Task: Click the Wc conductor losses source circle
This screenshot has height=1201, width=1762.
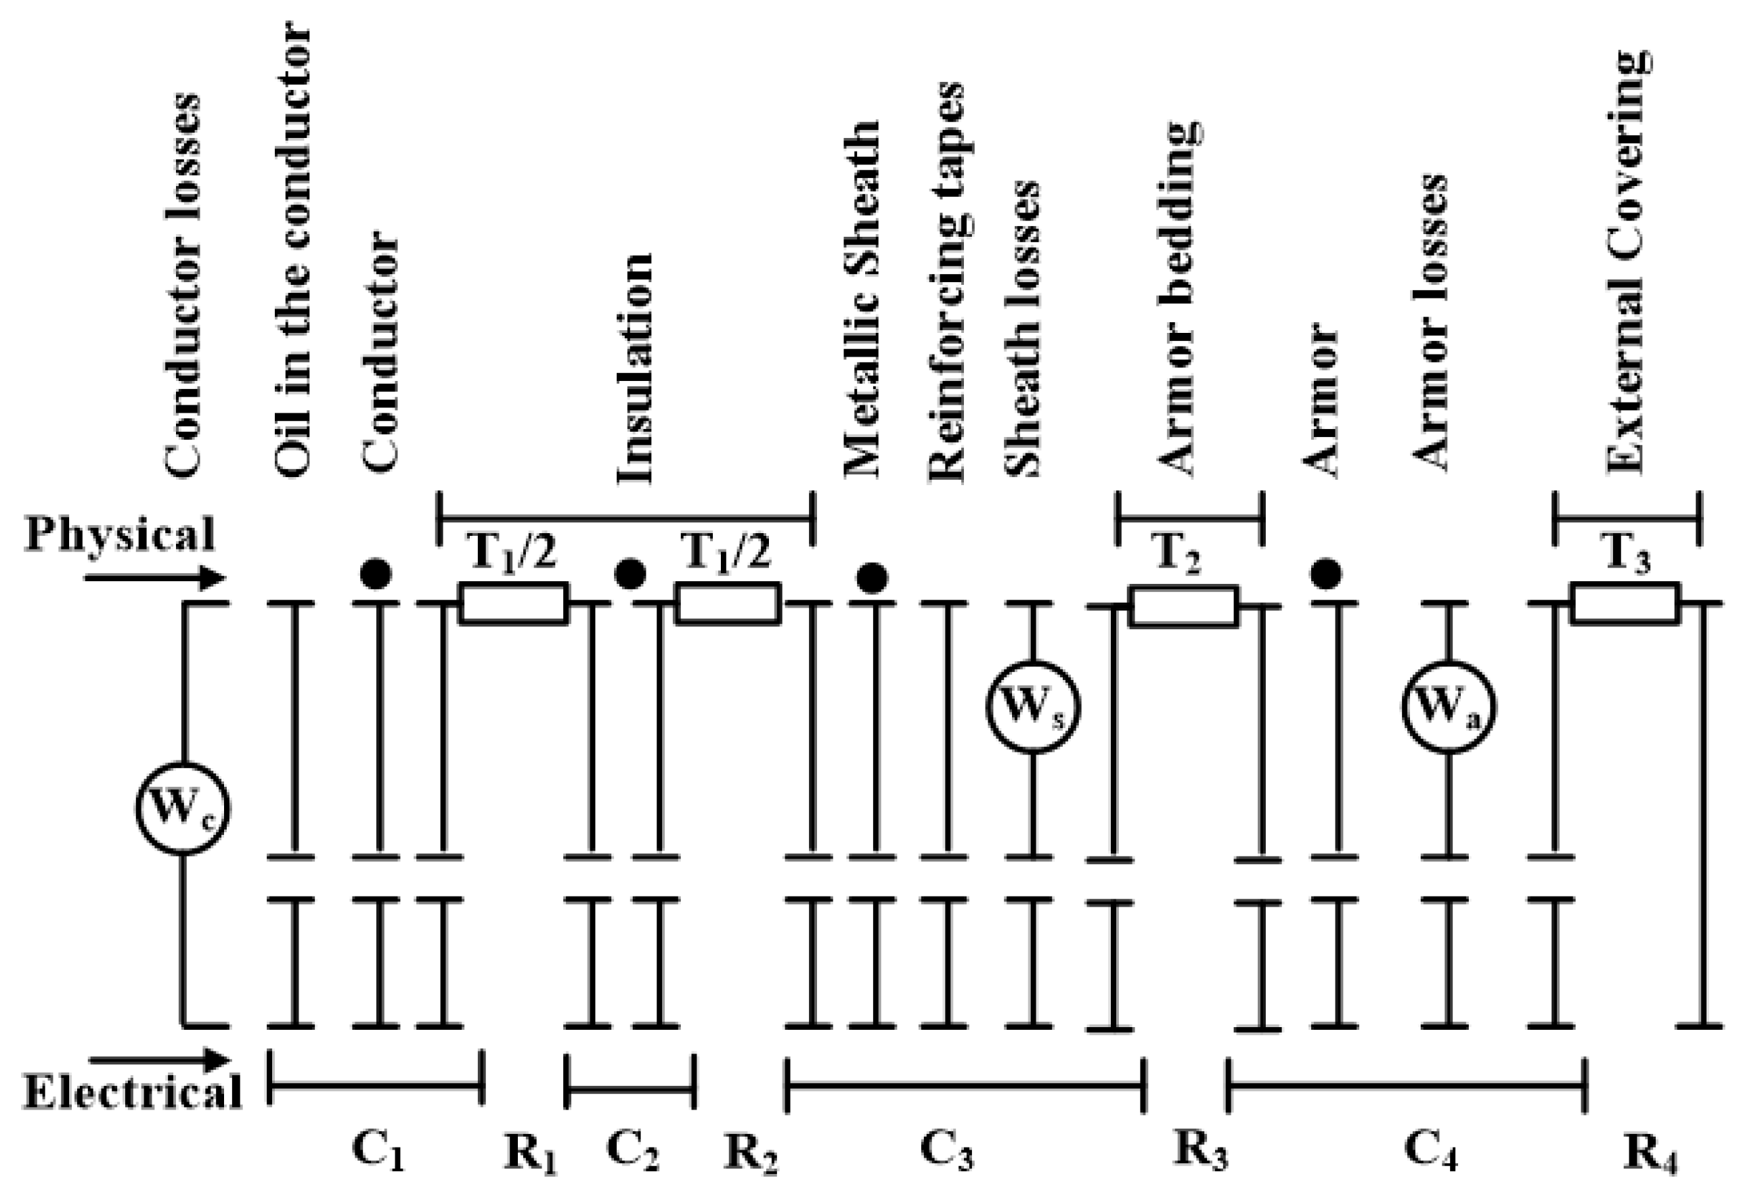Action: pyautogui.click(x=183, y=809)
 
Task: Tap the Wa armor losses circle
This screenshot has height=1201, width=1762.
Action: pyautogui.click(x=1448, y=708)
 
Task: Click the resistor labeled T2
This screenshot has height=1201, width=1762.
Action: pyautogui.click(x=1183, y=606)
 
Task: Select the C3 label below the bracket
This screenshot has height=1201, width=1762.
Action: pyautogui.click(x=946, y=1151)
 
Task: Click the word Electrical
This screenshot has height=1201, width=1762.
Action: pyautogui.click(x=133, y=1093)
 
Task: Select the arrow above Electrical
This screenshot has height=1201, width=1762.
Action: pyautogui.click(x=158, y=1060)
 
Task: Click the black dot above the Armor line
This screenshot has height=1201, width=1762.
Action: pyautogui.click(x=1325, y=574)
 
